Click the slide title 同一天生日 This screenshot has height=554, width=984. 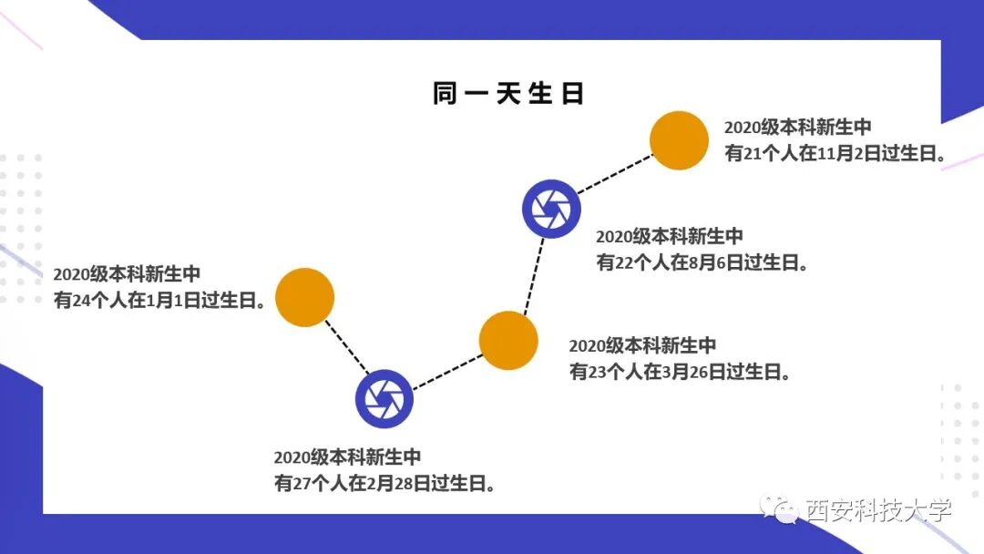[x=507, y=94]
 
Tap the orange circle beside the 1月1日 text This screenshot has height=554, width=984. [x=305, y=297]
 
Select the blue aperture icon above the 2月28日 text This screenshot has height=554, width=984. [x=384, y=398]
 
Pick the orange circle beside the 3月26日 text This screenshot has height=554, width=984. [x=508, y=340]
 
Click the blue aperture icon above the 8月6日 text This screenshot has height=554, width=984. [x=551, y=209]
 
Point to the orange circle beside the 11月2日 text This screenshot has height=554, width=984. [x=679, y=140]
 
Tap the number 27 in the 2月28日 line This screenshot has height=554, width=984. [x=302, y=483]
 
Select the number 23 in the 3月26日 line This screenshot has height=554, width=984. [x=597, y=372]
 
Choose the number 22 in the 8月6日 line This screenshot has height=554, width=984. [x=624, y=263]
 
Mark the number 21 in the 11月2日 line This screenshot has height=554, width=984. [x=753, y=154]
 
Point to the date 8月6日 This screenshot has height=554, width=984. [x=719, y=263]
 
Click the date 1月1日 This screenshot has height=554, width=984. [x=175, y=300]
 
